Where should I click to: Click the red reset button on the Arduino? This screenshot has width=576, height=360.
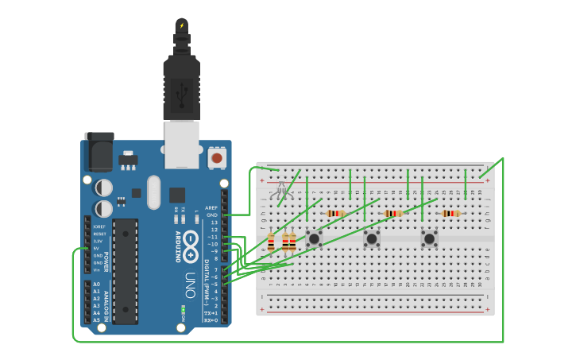tap(216, 158)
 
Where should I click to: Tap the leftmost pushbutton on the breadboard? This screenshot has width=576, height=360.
tap(314, 238)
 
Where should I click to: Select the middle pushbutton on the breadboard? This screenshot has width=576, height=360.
tap(371, 238)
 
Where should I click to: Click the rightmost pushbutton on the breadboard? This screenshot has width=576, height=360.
tap(429, 238)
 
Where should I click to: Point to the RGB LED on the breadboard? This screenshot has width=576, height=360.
tap(280, 191)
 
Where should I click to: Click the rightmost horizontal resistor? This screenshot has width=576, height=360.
tap(450, 213)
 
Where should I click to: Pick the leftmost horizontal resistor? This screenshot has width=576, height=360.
tap(335, 213)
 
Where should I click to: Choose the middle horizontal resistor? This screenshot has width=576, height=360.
tap(392, 213)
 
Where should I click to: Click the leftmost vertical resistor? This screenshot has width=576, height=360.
tap(271, 242)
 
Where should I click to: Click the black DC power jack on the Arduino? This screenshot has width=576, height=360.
tap(99, 153)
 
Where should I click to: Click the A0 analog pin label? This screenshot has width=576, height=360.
tap(97, 284)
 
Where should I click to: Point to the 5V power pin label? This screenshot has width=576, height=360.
tap(96, 248)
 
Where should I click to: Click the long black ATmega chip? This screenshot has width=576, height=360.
tap(125, 270)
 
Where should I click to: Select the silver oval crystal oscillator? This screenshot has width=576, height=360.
tap(153, 192)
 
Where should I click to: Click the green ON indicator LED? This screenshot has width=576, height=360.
tap(183, 310)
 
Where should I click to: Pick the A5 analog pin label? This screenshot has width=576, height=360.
tap(97, 319)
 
